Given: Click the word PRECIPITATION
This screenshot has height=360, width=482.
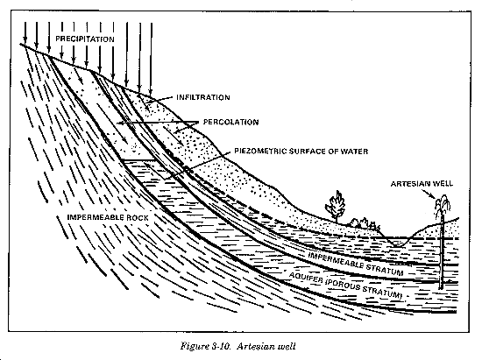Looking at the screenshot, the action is (x=85, y=39).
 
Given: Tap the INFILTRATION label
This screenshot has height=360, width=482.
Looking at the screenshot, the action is (x=203, y=97).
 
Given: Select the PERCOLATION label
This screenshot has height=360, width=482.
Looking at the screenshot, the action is (x=230, y=122).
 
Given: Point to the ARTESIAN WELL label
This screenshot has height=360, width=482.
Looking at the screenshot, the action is (x=422, y=184).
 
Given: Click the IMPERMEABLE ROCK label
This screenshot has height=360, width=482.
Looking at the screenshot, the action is (x=108, y=217).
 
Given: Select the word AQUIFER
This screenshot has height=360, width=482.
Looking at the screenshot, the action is (x=306, y=279).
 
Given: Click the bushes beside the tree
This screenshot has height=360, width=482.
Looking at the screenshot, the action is (x=365, y=222).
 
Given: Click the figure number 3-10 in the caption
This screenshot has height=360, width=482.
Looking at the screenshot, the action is (x=222, y=346).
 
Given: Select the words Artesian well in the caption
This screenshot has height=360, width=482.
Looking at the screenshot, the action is (x=266, y=346).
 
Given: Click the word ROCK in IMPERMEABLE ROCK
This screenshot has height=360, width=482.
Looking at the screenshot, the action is (x=137, y=217).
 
